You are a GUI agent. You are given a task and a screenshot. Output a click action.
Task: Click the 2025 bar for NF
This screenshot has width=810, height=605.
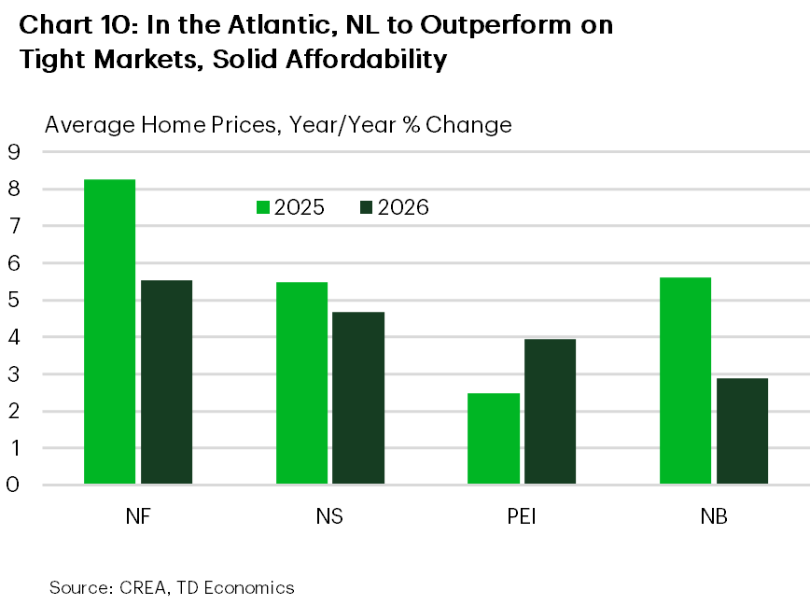pyautogui.click(x=109, y=331)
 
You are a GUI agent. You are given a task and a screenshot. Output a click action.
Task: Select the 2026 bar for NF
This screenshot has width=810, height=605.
pyautogui.click(x=166, y=382)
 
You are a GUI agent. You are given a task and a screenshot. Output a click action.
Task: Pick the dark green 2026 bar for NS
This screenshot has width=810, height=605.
pyautogui.click(x=358, y=398)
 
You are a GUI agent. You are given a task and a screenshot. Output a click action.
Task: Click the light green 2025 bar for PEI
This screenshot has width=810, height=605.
pyautogui.click(x=494, y=438)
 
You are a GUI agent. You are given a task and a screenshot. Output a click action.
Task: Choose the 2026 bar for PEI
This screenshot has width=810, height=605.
pyautogui.click(x=550, y=412)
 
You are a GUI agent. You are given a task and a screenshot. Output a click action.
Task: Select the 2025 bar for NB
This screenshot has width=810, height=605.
pyautogui.click(x=685, y=381)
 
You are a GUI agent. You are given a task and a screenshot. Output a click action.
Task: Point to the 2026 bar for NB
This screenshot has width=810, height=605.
pyautogui.click(x=742, y=430)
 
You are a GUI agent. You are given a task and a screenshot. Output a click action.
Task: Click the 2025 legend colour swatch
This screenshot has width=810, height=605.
pyautogui.click(x=264, y=207)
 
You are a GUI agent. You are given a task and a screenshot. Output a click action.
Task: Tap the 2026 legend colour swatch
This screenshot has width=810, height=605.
pyautogui.click(x=365, y=207)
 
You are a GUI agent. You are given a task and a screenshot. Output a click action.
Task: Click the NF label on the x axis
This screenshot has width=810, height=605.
pyautogui.click(x=137, y=516)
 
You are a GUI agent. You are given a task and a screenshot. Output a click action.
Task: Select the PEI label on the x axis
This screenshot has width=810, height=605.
pyautogui.click(x=522, y=516)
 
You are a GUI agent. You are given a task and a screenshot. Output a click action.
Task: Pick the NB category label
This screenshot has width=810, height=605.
pyautogui.click(x=714, y=516)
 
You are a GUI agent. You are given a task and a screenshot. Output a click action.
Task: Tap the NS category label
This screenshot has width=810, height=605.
pyautogui.click(x=329, y=516)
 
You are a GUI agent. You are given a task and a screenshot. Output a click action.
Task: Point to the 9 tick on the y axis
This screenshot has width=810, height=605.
pyautogui.click(x=13, y=152)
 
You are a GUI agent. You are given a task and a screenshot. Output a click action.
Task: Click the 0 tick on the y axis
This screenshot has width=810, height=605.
pyautogui.click(x=13, y=485)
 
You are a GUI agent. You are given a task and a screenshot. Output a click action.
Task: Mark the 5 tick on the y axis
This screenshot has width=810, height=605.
pyautogui.click(x=13, y=300)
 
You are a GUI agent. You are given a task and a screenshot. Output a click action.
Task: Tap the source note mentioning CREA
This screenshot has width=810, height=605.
pyautogui.click(x=172, y=587)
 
